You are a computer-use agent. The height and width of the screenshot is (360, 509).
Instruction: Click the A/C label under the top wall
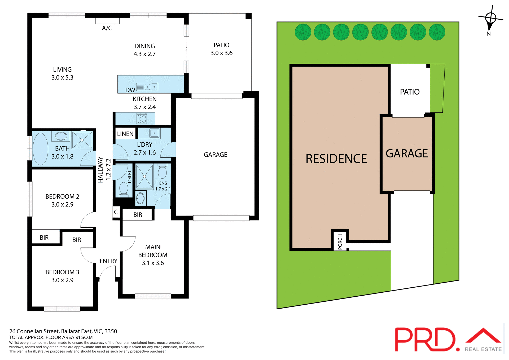tap(107, 28)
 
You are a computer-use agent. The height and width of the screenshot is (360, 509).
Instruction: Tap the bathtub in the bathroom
tap(40, 149)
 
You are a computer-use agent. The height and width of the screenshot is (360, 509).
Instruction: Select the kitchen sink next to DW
tap(151, 87)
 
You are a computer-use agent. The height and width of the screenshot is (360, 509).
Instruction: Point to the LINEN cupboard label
tap(125, 134)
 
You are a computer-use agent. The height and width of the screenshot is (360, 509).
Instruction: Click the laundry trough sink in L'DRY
tap(154, 133)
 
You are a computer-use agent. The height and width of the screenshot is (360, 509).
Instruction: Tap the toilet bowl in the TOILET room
tap(124, 189)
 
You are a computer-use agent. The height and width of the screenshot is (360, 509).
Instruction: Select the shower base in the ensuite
tap(144, 177)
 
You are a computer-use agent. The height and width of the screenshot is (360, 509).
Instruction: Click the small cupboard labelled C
tap(116, 212)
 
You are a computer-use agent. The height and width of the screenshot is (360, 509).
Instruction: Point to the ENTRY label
tap(108, 261)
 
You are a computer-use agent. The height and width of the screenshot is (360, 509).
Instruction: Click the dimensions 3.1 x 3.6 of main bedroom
tap(153, 263)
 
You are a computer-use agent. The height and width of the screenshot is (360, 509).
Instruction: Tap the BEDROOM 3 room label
tap(62, 272)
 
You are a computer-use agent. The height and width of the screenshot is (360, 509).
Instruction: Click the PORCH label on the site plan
tap(340, 242)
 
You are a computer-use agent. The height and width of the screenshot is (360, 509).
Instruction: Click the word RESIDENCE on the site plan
tap(336, 159)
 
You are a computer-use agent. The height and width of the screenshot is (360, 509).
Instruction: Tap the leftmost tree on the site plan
tap(303, 32)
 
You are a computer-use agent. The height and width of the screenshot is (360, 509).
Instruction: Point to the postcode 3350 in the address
tap(111, 331)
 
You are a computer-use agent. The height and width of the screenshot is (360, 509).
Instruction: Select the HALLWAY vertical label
tap(100, 170)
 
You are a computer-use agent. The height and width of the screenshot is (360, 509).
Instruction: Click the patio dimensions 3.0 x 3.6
tap(221, 53)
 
